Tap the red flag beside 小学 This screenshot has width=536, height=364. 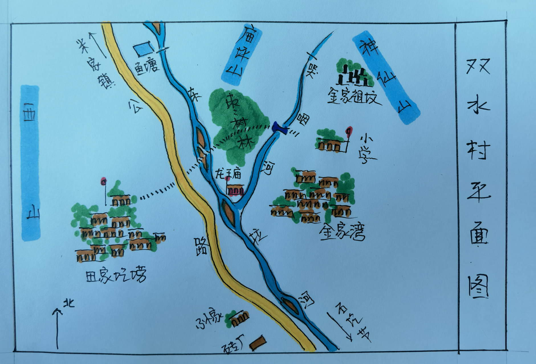[x=348, y=131]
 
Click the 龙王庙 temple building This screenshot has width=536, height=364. [x=235, y=190]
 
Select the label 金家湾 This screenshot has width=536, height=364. [x=342, y=233]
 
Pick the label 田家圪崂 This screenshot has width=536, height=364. [x=116, y=275]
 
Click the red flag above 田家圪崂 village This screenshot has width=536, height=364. [x=104, y=181]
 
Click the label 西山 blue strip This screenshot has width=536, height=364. [x=30, y=162]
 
